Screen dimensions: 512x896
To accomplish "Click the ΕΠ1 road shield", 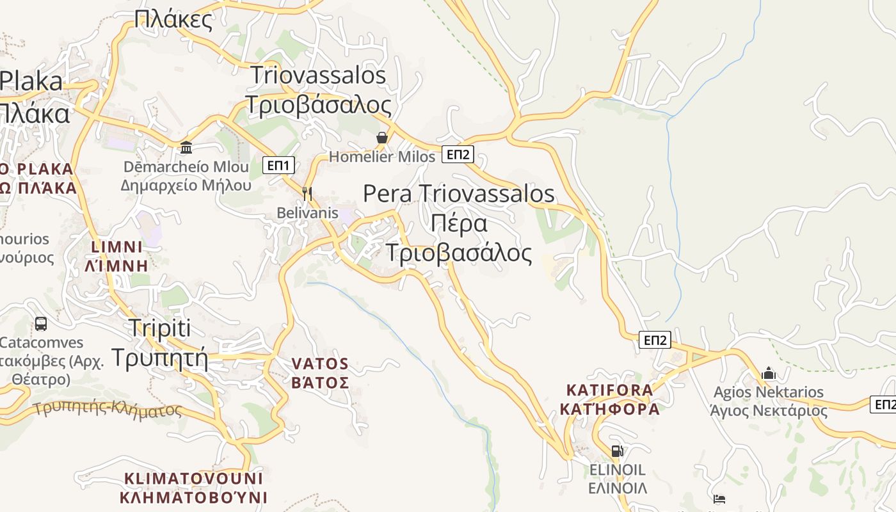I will (278, 166).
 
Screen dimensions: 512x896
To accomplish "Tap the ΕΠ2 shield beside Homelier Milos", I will (458, 154).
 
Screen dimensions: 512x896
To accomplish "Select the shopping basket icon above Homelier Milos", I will (381, 138).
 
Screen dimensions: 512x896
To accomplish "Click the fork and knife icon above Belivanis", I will (307, 193).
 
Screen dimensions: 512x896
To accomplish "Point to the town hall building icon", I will (186, 147).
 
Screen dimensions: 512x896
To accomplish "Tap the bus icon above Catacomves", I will (40, 324).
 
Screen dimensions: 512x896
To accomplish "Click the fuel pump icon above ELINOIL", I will (617, 451).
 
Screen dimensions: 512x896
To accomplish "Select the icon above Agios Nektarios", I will (768, 373).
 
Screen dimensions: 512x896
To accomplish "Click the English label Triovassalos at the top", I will (318, 76).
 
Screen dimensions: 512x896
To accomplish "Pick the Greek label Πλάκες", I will (173, 20).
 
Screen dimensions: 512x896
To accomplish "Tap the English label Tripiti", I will (160, 328).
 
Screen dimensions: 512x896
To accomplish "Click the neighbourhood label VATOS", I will (320, 364).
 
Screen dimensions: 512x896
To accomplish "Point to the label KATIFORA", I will (610, 390).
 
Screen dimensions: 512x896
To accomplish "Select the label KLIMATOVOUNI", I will (193, 479).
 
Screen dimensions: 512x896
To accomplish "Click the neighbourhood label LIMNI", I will (116, 247).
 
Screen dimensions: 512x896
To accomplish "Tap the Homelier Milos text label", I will (381, 157).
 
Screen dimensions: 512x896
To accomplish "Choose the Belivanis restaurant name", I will (307, 212).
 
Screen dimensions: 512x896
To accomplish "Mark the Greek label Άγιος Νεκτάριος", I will (769, 410).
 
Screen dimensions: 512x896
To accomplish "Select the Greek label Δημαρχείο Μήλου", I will (186, 186).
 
